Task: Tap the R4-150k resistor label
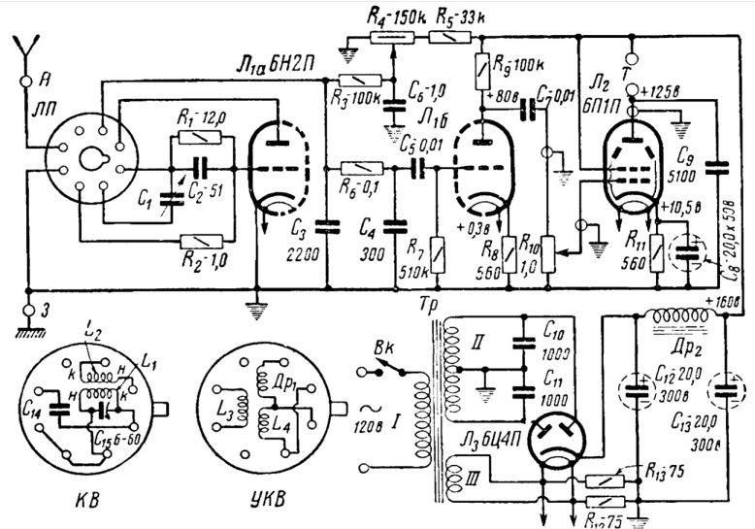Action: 394,16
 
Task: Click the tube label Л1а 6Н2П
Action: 266,63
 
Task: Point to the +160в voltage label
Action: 726,301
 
